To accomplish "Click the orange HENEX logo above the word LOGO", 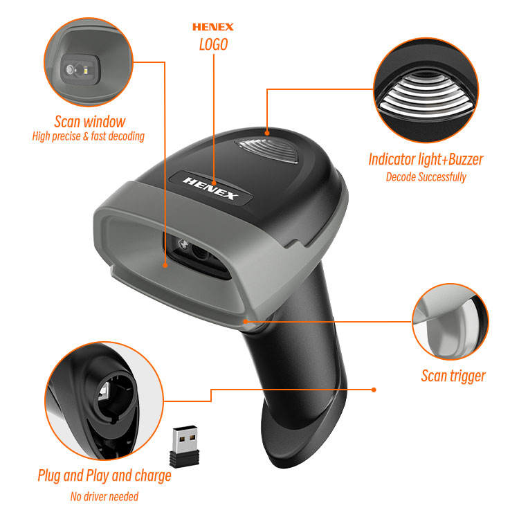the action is [213, 27].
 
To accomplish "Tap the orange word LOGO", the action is [214, 44].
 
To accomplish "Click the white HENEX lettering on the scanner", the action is [210, 188].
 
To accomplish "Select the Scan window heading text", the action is [90, 122].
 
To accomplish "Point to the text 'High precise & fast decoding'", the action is [89, 136].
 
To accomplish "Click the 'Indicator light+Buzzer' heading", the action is [426, 159].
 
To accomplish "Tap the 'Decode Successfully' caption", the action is [426, 177].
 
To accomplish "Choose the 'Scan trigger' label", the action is [453, 376].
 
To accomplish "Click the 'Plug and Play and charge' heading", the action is [104, 475].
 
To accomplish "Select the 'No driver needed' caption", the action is [104, 496].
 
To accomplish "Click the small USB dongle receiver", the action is [185, 446].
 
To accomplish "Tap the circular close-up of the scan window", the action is [89, 62].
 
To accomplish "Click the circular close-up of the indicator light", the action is [426, 90].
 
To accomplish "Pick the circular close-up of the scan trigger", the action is [450, 321].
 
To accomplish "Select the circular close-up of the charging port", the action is [104, 401].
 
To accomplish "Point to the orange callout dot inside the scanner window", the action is [165, 265].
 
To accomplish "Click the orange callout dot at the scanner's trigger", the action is [246, 321].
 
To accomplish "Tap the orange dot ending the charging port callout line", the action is [374, 390].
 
